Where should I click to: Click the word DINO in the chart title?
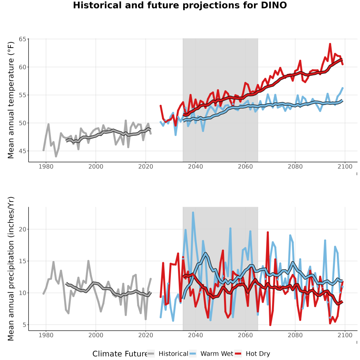(274, 5)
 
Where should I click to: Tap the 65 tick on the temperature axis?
(22, 39)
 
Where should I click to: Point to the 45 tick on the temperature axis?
(22, 151)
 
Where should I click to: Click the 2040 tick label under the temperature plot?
(195, 166)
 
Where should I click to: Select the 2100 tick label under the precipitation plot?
(345, 335)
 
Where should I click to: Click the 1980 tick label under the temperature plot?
(46, 166)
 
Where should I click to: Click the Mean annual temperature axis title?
(11, 100)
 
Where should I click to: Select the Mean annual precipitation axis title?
(11, 269)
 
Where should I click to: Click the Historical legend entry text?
(173, 354)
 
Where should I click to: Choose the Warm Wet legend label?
(217, 354)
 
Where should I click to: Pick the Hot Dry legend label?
(258, 354)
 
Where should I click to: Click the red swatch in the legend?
(238, 354)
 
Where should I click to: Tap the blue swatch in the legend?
(193, 354)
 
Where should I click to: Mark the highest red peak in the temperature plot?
(330, 44)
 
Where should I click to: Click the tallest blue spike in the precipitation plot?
(193, 213)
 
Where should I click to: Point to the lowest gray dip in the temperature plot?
(56, 156)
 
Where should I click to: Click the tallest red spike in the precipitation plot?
(268, 232)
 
